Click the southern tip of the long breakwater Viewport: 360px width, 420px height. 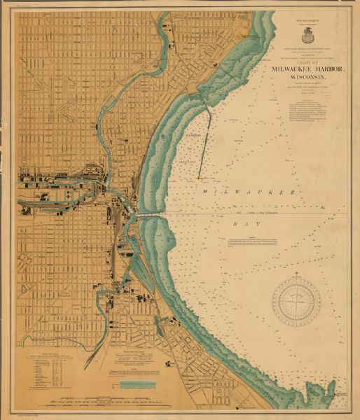(x=200, y=177)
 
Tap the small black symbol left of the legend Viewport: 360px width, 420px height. (x=113, y=384)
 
